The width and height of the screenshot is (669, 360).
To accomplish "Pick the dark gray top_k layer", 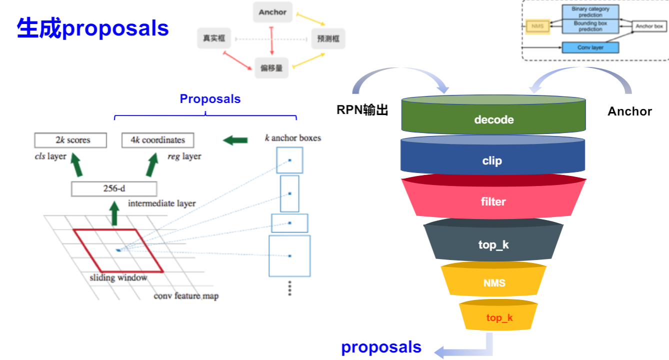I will click(493, 244).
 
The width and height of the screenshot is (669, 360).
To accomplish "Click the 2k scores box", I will click(70, 140).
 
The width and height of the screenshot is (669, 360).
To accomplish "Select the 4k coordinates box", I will click(157, 140).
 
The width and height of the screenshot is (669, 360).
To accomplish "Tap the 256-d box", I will click(114, 189).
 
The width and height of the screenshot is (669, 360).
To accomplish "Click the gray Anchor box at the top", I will click(272, 12).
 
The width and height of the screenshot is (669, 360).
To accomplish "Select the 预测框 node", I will click(328, 38).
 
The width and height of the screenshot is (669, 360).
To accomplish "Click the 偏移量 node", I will click(271, 67).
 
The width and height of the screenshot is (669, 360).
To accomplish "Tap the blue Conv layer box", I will click(590, 47).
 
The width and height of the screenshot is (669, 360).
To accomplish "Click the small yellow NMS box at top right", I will click(537, 25).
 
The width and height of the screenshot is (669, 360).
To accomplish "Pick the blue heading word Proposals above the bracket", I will click(210, 99).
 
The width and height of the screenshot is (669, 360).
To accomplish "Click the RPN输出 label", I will click(362, 110).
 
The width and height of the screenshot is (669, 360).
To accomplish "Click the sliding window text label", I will click(118, 277).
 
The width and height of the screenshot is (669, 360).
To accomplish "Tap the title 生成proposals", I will click(93, 28).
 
